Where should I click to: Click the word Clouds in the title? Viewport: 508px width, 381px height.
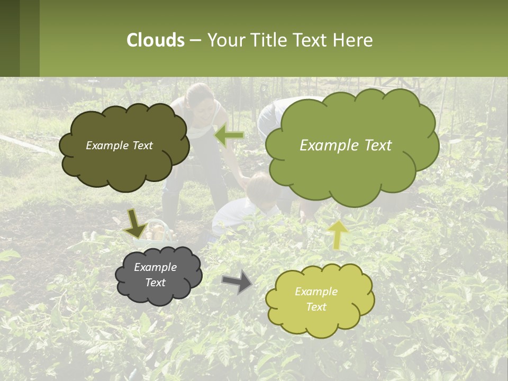click(x=155, y=40)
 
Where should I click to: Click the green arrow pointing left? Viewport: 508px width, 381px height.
click(x=229, y=136)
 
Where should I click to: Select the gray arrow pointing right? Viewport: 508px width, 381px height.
click(x=237, y=282)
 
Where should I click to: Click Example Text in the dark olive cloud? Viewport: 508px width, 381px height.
click(x=119, y=146)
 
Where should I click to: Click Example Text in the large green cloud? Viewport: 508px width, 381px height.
click(x=346, y=146)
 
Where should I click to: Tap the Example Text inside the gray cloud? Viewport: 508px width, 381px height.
click(x=156, y=275)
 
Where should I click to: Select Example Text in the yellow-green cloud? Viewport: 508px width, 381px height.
click(x=316, y=299)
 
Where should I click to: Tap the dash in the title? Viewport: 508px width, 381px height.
click(x=195, y=40)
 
